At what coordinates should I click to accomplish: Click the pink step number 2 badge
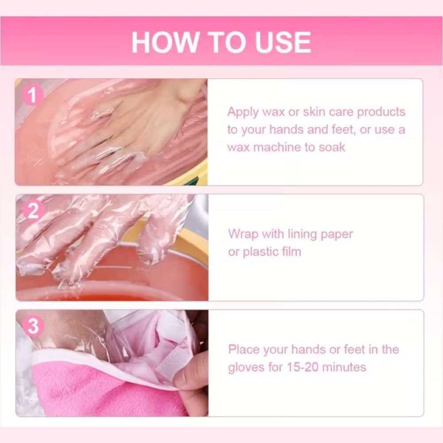pyautogui.click(x=34, y=210)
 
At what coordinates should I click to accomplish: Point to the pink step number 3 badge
pyautogui.click(x=34, y=326)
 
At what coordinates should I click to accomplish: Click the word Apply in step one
pyautogui.click(x=243, y=113)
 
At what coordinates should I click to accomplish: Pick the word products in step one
pyautogui.click(x=381, y=113)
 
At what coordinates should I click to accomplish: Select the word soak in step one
pyautogui.click(x=332, y=148)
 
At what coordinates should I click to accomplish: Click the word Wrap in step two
pyautogui.click(x=243, y=234)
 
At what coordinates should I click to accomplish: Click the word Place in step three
pyautogui.click(x=244, y=350)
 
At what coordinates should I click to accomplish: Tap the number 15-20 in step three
pyautogui.click(x=303, y=367)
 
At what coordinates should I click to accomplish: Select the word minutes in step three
pyautogui.click(x=344, y=367)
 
